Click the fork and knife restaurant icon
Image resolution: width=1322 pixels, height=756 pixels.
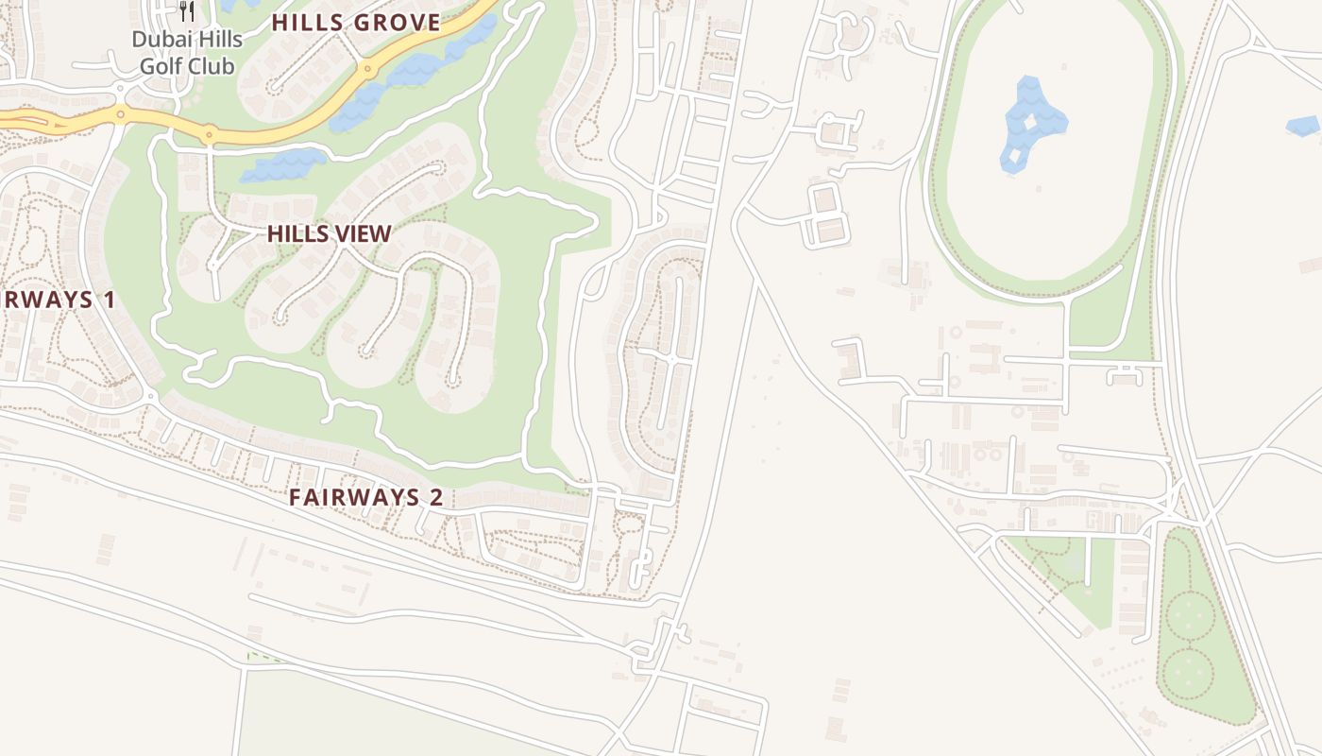click(x=187, y=11)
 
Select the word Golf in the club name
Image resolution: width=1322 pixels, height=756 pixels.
click(x=161, y=66)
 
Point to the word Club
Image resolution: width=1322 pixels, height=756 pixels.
click(x=210, y=66)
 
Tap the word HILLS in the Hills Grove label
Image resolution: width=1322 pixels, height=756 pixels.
click(x=306, y=23)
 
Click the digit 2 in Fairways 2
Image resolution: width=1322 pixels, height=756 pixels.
click(x=436, y=497)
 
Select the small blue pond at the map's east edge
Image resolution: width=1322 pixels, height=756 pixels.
click(x=1303, y=126)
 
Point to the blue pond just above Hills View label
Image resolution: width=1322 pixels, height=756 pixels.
click(x=282, y=166)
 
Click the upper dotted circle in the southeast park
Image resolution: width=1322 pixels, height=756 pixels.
click(x=1190, y=615)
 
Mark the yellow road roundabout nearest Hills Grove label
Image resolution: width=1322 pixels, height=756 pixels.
click(x=366, y=69)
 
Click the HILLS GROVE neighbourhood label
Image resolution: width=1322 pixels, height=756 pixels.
click(x=356, y=23)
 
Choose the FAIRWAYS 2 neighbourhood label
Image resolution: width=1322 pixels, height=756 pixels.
click(x=365, y=497)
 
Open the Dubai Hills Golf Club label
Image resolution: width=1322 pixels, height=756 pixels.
click(x=187, y=53)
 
